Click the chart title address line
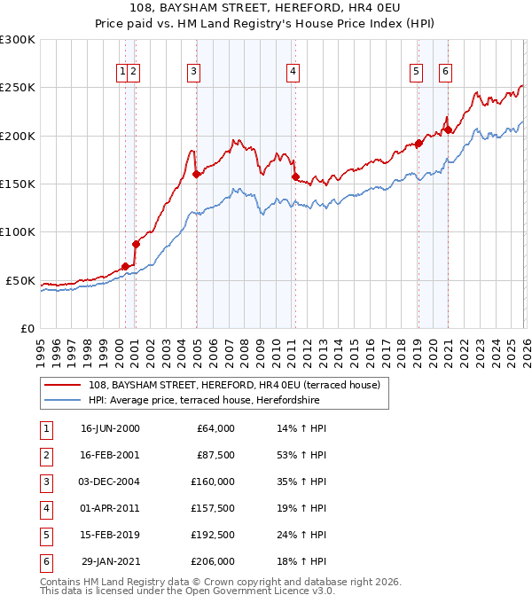tap(266, 9)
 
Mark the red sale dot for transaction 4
tap(295, 176)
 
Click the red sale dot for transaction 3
tap(196, 174)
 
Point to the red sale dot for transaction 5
tap(419, 143)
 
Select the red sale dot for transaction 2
tap(136, 244)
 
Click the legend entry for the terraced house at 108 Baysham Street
tap(235, 385)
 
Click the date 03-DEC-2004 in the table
tap(110, 482)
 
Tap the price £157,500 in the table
tap(213, 508)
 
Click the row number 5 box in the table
tap(45, 535)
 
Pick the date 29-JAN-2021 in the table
tap(110, 561)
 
